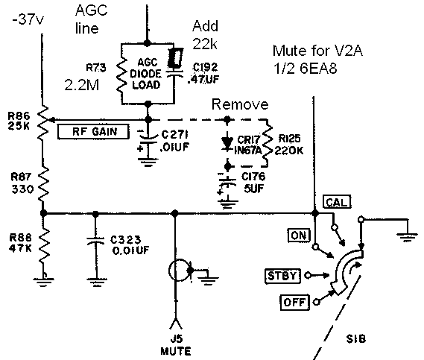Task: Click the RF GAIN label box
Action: coord(93,132)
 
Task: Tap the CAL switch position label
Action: coord(337,202)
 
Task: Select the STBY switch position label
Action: coord(282,277)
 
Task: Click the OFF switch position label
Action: coord(294,302)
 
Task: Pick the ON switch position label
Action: coord(300,236)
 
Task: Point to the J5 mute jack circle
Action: coord(180,271)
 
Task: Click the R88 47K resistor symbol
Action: coord(44,245)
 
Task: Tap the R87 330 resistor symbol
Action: coord(43,184)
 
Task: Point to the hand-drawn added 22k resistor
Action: coord(175,57)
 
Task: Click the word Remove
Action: coord(240,104)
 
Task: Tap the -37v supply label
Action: coord(28,19)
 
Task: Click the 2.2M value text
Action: coord(82,85)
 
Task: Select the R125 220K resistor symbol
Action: coord(268,143)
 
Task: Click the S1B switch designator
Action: coord(356,338)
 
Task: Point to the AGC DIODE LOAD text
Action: coord(146,74)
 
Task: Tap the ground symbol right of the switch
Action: coord(407,237)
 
